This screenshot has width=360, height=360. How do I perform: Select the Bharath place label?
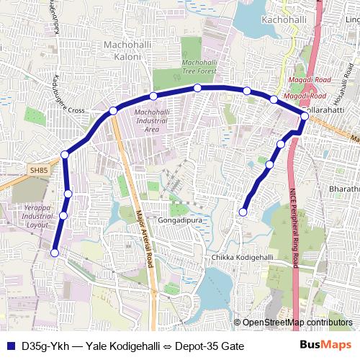click(344, 189)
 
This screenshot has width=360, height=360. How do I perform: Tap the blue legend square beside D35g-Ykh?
click(10, 346)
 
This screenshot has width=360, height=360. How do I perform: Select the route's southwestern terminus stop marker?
click(55, 252)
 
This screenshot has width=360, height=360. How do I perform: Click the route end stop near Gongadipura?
click(243, 212)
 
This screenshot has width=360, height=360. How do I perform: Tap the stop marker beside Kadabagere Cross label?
click(113, 110)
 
